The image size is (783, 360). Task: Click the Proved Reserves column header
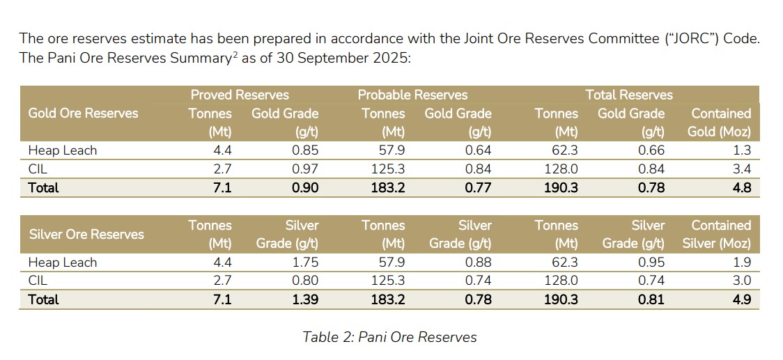pyautogui.click(x=240, y=95)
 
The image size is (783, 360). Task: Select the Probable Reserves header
pyautogui.click(x=412, y=95)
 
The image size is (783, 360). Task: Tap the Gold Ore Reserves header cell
pyautogui.click(x=83, y=113)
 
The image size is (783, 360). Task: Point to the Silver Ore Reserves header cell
pyautogui.click(x=86, y=235)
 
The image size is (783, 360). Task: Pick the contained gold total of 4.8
pyautogui.click(x=742, y=187)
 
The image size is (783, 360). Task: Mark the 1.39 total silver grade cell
pyautogui.click(x=304, y=299)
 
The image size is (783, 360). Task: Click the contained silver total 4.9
pyautogui.click(x=742, y=299)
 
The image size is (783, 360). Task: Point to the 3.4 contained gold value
pyautogui.click(x=742, y=169)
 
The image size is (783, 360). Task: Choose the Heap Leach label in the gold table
pyautogui.click(x=62, y=150)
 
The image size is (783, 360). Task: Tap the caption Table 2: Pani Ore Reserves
pyautogui.click(x=389, y=337)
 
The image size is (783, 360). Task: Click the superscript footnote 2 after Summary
pyautogui.click(x=237, y=54)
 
